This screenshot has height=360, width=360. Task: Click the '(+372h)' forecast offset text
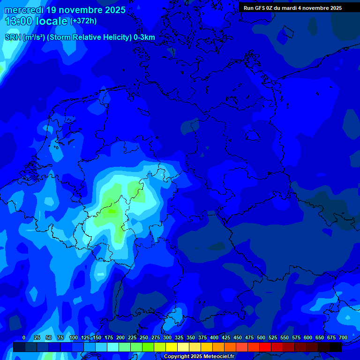tap(83, 21)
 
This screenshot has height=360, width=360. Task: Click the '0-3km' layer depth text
tap(144, 37)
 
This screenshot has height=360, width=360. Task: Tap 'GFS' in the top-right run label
tap(259, 8)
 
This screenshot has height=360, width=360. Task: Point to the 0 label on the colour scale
tap(24, 337)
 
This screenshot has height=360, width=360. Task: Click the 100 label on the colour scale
tap(74, 337)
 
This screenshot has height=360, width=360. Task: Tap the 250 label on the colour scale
tap(144, 337)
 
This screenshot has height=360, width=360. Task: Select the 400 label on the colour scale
tap(214, 337)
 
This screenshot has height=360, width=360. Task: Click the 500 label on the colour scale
tap(261, 337)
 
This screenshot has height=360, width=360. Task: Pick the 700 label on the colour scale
tap(343, 337)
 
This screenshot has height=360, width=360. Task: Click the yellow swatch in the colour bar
tap(172, 347)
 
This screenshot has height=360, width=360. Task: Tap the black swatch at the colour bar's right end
tap(336, 347)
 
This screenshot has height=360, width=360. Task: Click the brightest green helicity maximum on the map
tap(112, 211)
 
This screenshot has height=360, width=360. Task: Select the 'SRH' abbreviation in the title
tap(13, 37)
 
